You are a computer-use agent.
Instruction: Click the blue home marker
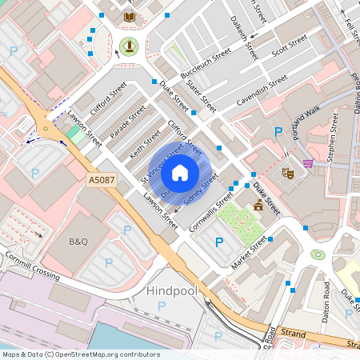180,172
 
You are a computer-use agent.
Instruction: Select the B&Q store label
78,241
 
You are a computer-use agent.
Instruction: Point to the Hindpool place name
172,292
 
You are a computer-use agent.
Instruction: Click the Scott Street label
290,46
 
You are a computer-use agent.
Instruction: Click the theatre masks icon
288,172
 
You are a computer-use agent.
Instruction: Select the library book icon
129,16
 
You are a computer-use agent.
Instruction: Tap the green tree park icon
128,45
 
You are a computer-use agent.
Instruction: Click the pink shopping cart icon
307,162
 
